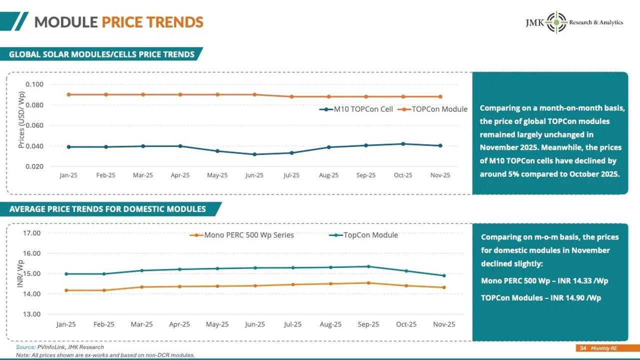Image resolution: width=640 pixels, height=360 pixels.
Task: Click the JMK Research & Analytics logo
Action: click(x=573, y=22)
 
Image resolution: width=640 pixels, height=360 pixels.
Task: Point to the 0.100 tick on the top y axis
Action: click(x=35, y=84)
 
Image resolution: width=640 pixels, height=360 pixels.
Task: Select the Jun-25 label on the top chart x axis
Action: click(x=254, y=175)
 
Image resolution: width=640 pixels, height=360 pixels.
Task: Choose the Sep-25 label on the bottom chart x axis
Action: click(x=368, y=324)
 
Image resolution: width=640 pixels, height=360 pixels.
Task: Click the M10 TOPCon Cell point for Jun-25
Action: click(x=254, y=154)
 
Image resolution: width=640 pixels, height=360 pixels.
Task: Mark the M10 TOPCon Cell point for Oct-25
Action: click(x=403, y=144)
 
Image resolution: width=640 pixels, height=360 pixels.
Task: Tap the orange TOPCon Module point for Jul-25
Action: click(x=291, y=96)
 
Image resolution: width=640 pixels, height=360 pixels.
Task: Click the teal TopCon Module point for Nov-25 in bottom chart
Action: click(x=444, y=275)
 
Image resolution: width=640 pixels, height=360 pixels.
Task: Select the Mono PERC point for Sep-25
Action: click(x=368, y=283)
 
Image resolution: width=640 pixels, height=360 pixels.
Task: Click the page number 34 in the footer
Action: click(x=582, y=348)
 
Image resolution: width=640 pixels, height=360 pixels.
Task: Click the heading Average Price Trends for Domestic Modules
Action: click(x=107, y=209)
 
